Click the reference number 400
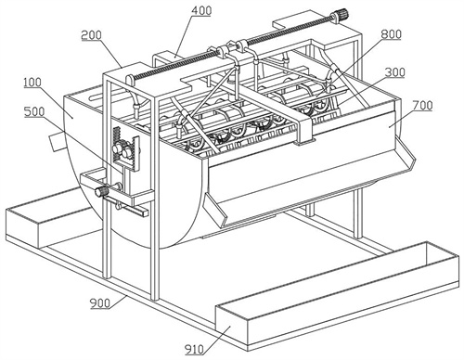pos(201,10)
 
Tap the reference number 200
pos(91,35)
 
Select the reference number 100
pos(32,83)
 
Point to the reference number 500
pos(34,111)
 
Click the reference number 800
pos(391,34)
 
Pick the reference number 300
pos(395,72)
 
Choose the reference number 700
pos(422,106)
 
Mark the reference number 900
pos(100,303)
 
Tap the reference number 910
pos(194,350)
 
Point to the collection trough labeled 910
pos(337,296)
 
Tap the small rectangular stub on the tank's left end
pos(56,141)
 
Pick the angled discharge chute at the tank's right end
pos(405,154)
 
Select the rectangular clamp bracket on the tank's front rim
pos(304,131)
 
